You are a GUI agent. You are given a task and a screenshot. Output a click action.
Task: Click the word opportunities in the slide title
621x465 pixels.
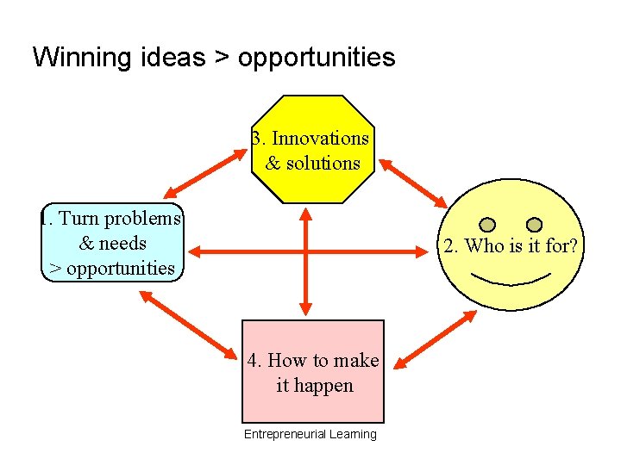tap(317, 58)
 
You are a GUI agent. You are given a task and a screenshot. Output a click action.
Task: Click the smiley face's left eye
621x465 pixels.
tap(487, 225)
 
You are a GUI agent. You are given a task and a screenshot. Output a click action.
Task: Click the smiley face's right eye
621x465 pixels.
tap(534, 225)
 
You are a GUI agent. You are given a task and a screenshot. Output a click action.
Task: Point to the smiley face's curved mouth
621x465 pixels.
tap(511, 280)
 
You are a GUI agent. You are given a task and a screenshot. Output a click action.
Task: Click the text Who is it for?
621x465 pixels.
tap(510, 246)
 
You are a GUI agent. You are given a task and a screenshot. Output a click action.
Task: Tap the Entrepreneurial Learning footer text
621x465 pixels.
tap(310, 434)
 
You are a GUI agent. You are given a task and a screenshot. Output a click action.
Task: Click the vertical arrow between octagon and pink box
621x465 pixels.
tap(304, 258)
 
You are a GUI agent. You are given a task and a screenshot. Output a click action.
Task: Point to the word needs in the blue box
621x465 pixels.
tap(124, 243)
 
